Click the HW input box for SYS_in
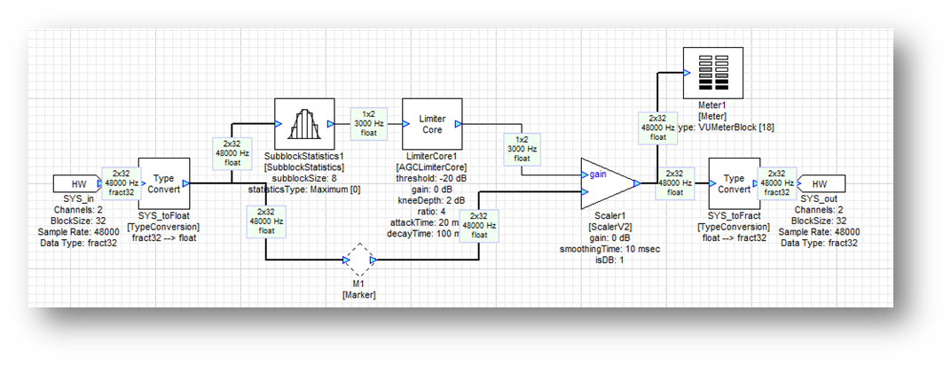[78, 183]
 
